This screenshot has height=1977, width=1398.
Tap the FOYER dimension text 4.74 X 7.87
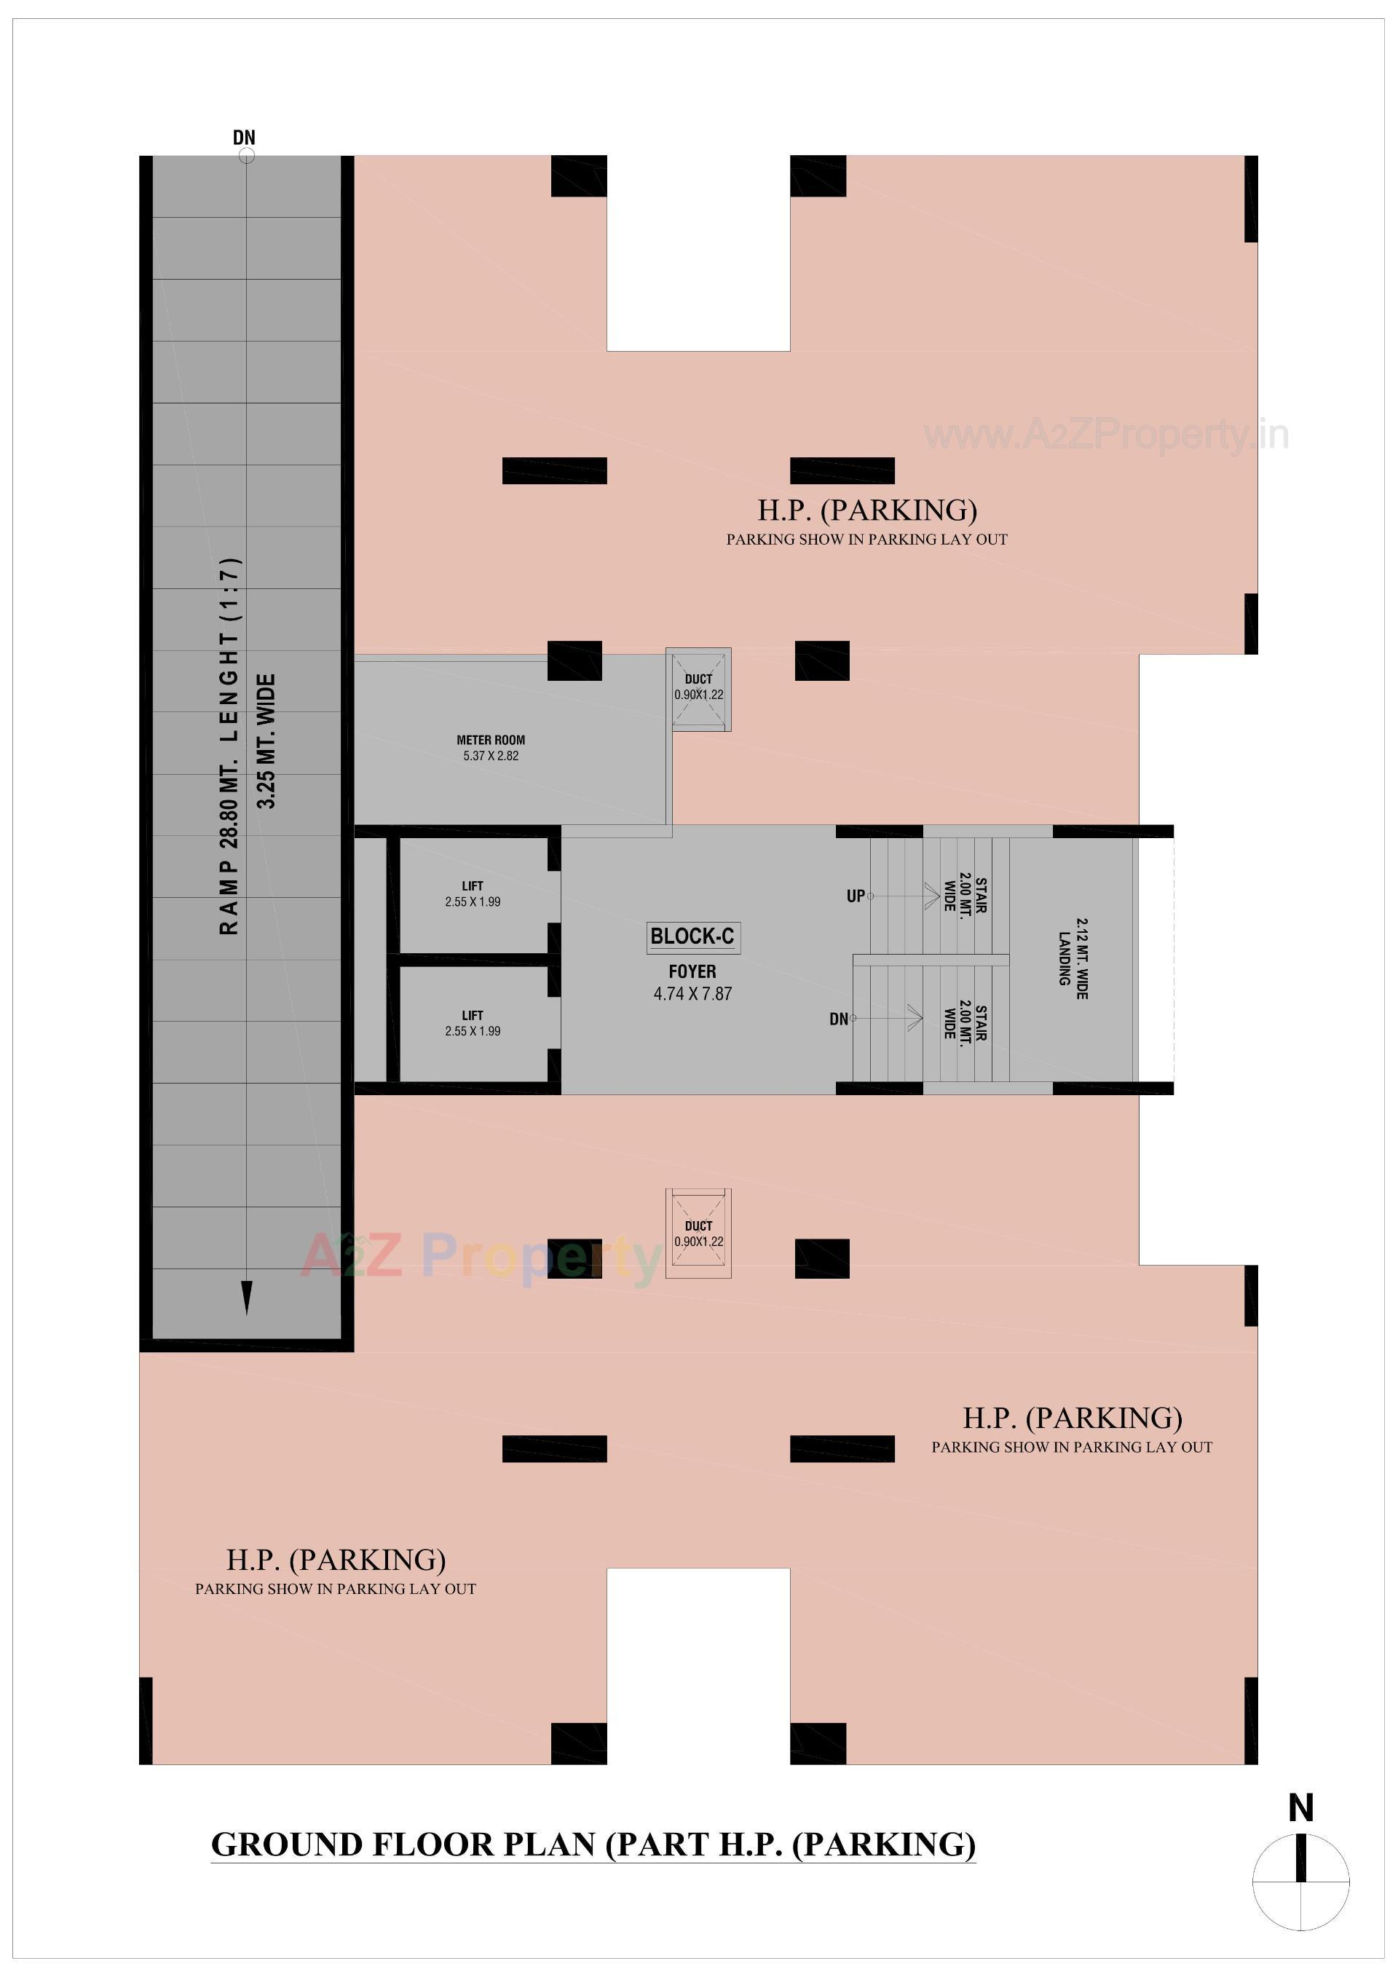(x=692, y=994)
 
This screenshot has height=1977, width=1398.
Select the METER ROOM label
(x=491, y=740)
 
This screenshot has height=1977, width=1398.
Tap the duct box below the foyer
(x=698, y=1234)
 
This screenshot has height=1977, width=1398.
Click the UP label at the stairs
(x=856, y=896)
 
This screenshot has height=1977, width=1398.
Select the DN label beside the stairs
(x=839, y=1019)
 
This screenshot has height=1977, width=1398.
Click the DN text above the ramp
(x=245, y=138)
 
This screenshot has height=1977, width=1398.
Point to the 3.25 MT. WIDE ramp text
(x=267, y=741)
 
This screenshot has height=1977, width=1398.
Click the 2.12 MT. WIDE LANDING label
(x=1073, y=958)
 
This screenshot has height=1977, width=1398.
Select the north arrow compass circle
(x=1300, y=1882)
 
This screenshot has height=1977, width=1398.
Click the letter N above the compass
(x=1300, y=1808)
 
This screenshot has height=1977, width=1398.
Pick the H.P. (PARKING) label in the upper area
(x=867, y=510)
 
